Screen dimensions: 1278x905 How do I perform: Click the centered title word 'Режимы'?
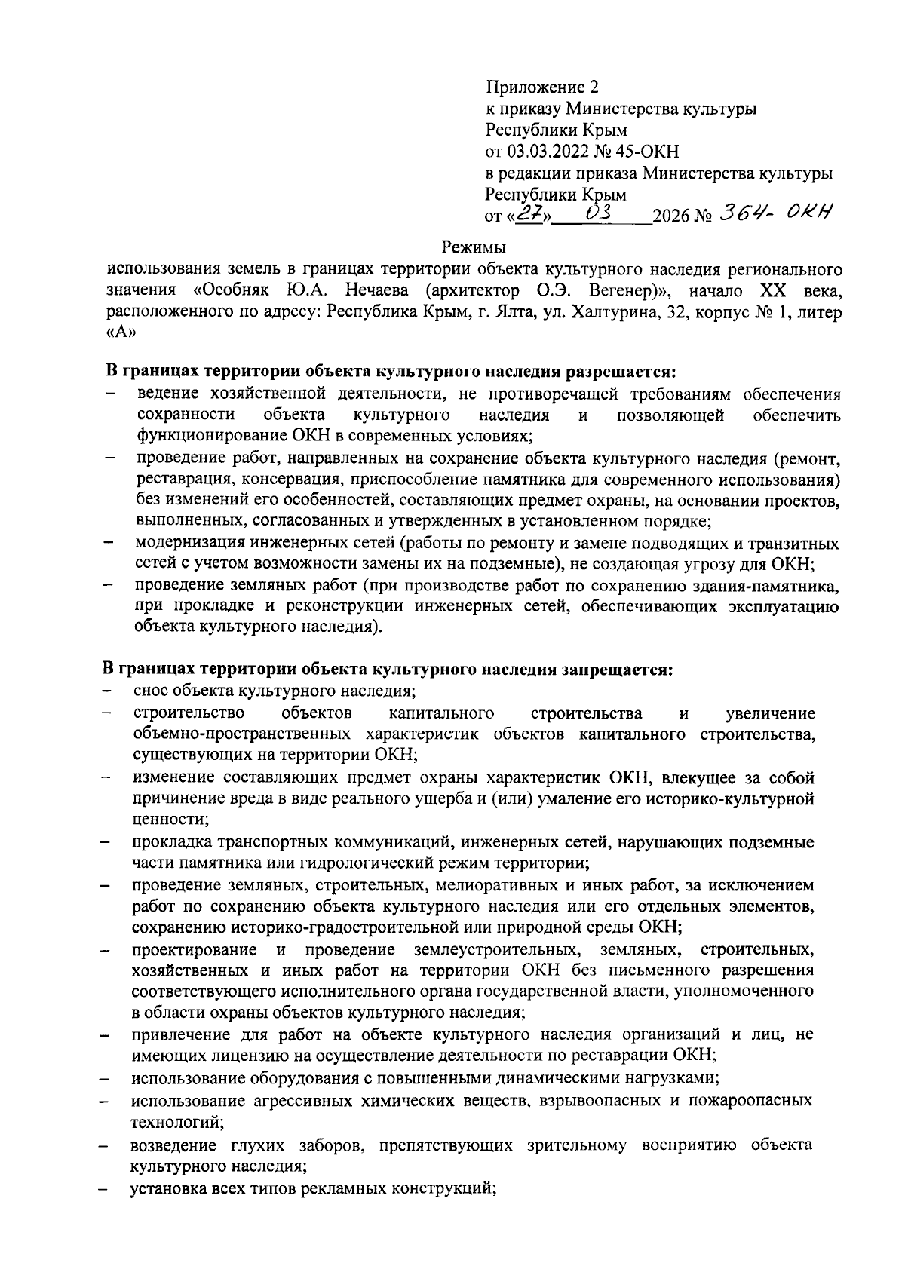click(474, 247)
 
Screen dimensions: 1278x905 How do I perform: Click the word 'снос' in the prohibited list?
click(150, 691)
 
